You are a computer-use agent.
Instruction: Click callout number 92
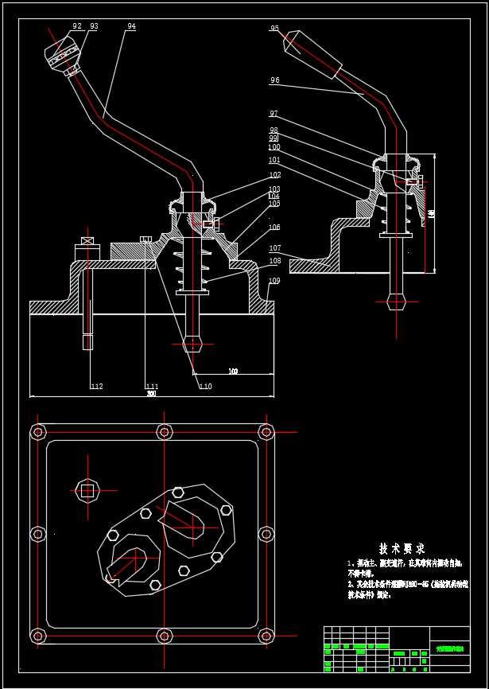(77, 26)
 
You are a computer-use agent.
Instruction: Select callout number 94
(131, 26)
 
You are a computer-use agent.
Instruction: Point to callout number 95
(274, 29)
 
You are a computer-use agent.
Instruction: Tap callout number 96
(274, 80)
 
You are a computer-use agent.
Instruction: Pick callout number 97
(274, 114)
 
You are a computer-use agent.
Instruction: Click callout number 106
(274, 228)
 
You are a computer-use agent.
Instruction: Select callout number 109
(274, 281)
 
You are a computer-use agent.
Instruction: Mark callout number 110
(205, 387)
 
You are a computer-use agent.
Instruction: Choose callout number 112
(97, 387)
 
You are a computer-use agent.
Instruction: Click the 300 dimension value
(151, 394)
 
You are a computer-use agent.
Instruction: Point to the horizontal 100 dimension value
(233, 372)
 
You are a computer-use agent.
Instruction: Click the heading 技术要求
(402, 549)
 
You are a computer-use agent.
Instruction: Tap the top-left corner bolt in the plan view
(37, 432)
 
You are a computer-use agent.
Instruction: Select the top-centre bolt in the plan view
(165, 432)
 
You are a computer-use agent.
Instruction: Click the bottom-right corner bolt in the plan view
(266, 636)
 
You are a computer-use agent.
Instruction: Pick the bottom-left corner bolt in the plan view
(37, 636)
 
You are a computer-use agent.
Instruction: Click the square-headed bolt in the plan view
(87, 490)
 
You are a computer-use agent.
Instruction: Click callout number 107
(274, 248)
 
